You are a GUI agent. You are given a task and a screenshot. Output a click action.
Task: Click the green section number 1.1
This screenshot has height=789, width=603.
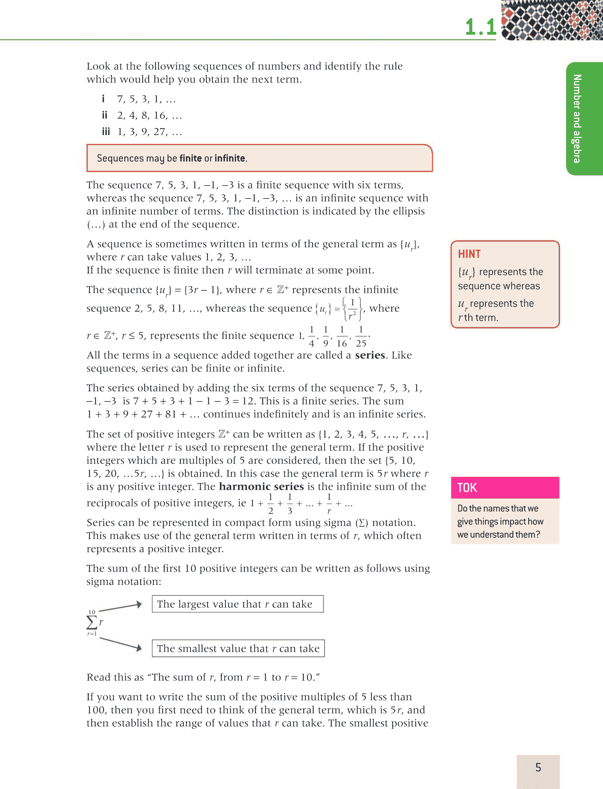tap(480, 27)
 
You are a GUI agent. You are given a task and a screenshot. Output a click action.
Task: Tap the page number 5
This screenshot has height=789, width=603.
tap(538, 767)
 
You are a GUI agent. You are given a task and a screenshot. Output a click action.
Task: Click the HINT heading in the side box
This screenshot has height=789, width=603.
tap(469, 254)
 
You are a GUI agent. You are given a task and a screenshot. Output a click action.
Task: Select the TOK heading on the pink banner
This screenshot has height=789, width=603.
tap(467, 488)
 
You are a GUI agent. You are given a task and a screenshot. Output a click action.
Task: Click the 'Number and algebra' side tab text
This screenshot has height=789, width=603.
tap(577, 118)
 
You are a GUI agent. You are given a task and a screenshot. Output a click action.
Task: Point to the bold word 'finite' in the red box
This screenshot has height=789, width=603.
tap(191, 158)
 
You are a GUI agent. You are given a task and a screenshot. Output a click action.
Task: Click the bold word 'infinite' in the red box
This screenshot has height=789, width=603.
tap(230, 158)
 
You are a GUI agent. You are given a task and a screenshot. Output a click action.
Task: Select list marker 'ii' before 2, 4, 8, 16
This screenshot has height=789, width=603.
tap(104, 115)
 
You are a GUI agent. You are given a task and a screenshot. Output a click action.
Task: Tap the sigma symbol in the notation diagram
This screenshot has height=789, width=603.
tap(92, 622)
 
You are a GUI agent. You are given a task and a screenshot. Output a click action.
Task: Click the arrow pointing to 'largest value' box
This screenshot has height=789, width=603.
tap(121, 607)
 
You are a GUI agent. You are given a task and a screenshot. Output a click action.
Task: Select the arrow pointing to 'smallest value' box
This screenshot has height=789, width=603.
tap(121, 644)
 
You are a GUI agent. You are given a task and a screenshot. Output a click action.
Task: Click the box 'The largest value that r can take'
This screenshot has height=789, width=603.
tap(238, 604)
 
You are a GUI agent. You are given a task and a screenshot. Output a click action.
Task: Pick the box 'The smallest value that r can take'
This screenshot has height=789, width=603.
tap(238, 648)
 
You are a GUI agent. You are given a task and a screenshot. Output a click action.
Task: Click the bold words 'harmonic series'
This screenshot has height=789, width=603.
tap(261, 486)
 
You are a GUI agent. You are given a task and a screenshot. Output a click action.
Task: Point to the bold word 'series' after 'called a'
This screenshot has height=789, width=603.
tap(370, 355)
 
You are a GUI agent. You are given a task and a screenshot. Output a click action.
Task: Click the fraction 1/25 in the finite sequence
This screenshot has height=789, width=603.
tap(361, 336)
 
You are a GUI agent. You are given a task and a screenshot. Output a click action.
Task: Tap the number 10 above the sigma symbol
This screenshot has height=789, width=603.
tap(92, 612)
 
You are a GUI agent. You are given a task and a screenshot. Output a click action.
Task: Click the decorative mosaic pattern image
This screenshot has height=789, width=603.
tap(552, 20)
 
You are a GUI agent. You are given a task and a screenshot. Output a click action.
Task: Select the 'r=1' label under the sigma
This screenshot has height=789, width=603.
tap(92, 634)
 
